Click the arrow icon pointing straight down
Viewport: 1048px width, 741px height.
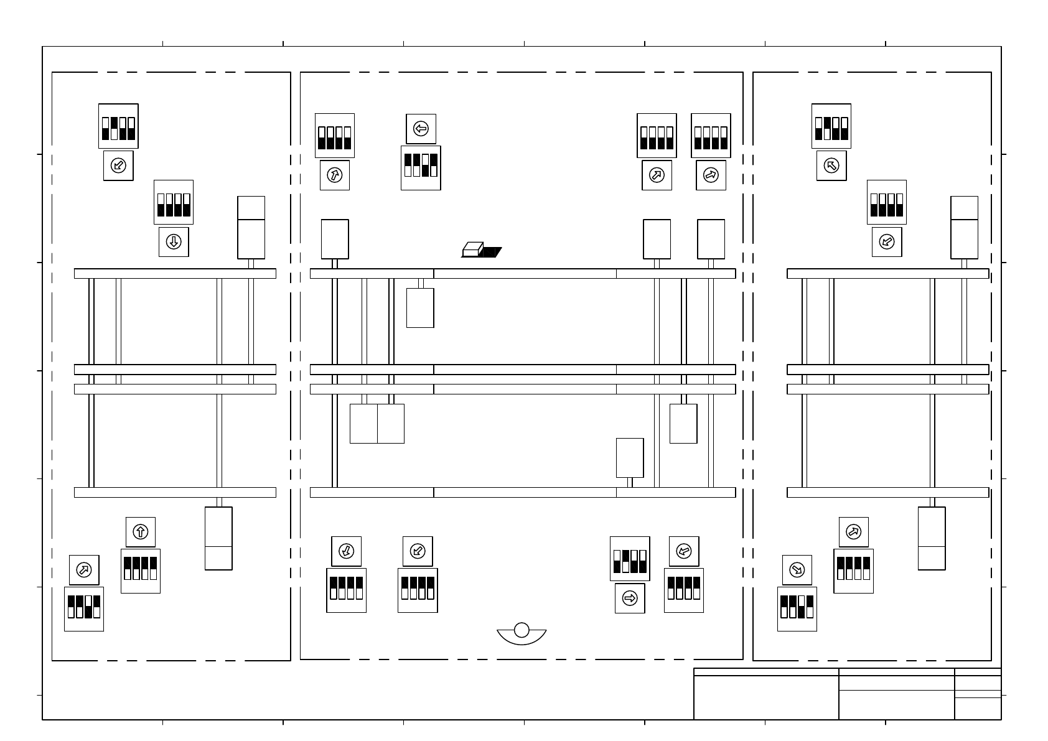[x=174, y=242]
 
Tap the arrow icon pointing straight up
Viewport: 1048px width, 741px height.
[x=141, y=532]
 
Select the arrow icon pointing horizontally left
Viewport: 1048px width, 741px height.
[x=421, y=129]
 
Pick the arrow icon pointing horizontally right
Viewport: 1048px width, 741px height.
[x=630, y=599]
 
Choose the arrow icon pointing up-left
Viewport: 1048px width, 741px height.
[x=831, y=165]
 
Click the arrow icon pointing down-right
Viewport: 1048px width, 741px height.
[x=797, y=570]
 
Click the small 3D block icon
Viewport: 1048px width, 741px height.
[x=472, y=249]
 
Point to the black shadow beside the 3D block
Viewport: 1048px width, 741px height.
[x=492, y=252]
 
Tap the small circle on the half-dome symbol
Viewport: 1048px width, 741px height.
[x=522, y=630]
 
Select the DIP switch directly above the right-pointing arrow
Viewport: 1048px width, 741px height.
[x=630, y=559]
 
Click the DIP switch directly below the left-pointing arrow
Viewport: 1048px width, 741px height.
[x=421, y=168]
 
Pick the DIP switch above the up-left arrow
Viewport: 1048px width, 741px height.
[x=831, y=126]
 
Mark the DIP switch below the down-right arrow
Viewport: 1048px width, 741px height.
[x=797, y=609]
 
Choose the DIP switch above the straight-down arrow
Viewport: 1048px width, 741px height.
[x=174, y=202]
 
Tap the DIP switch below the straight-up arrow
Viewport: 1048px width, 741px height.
[x=141, y=571]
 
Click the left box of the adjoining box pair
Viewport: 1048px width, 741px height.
[x=363, y=424]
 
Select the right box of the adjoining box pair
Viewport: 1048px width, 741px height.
[x=391, y=424]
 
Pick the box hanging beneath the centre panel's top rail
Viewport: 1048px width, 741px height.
[x=420, y=307]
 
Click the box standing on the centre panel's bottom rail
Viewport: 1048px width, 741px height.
[x=630, y=458]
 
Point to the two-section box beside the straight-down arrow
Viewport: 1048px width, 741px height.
[x=251, y=228]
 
